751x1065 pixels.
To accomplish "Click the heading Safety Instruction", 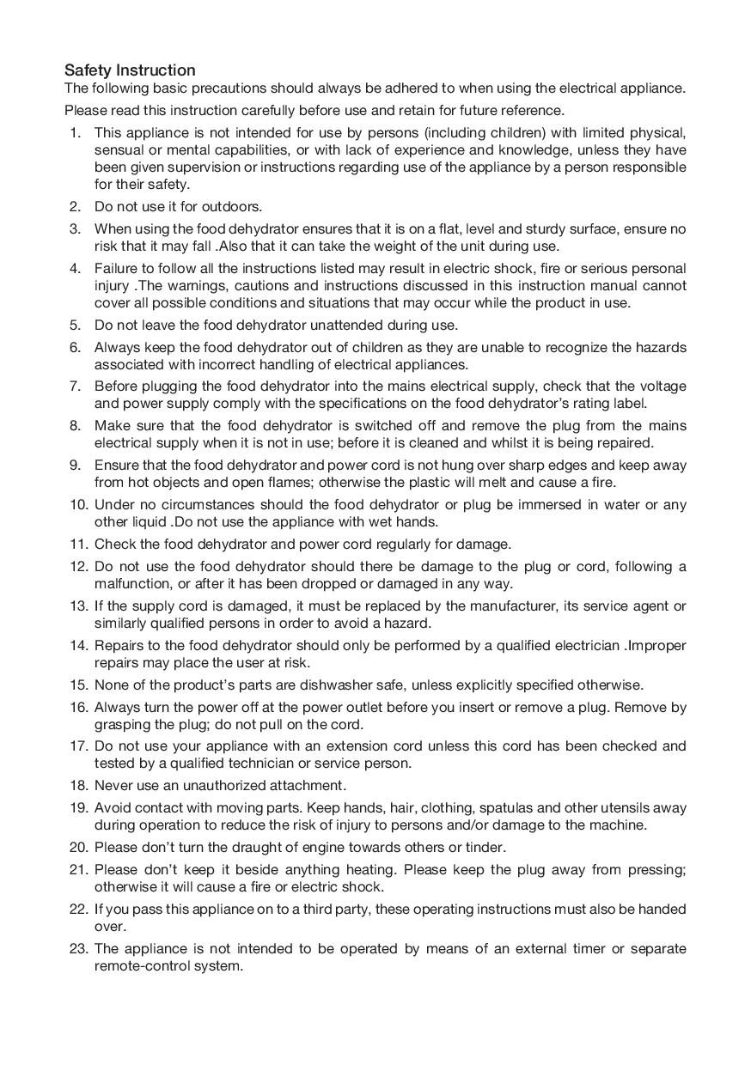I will pyautogui.click(x=130, y=70).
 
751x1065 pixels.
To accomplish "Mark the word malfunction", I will pyautogui.click(x=131, y=584).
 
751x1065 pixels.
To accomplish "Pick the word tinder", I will pyautogui.click(x=487, y=848).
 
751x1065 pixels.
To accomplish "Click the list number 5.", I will pyautogui.click(x=75, y=326).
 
